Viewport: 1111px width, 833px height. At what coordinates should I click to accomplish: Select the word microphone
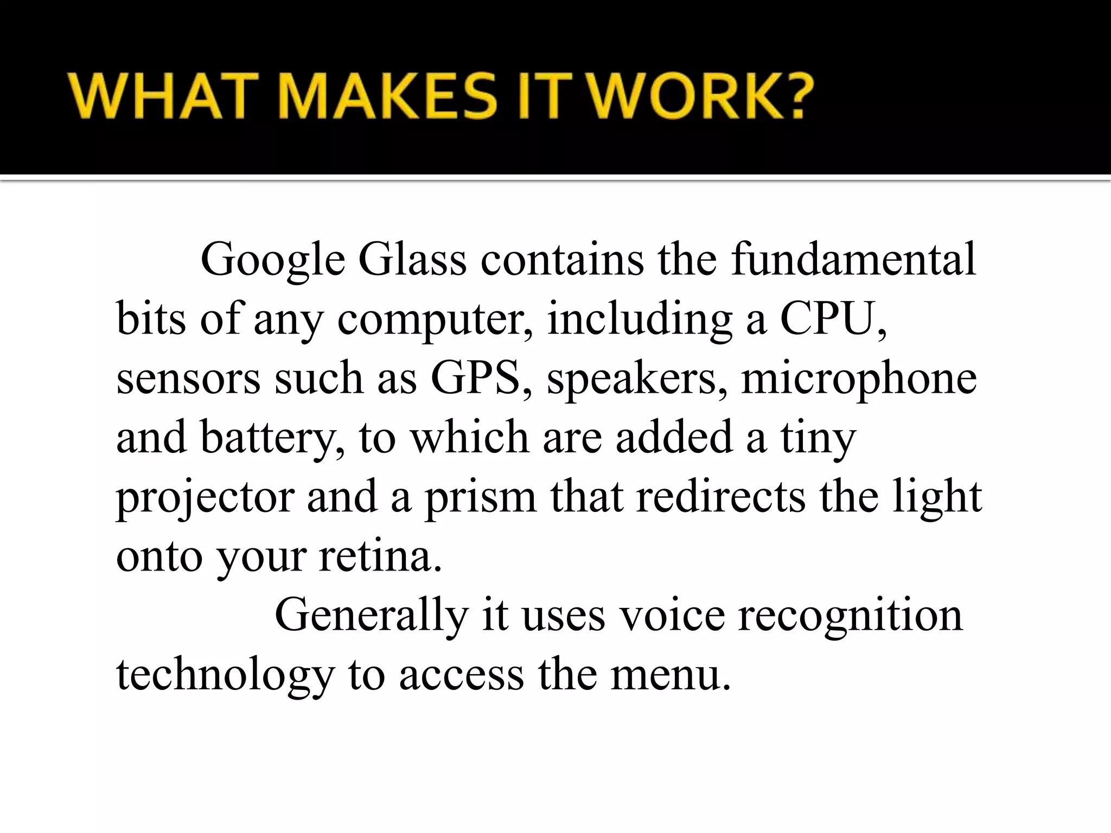pos(859,379)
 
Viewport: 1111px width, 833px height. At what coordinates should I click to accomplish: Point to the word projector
pos(205,497)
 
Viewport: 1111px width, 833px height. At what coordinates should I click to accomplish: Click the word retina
pos(380,556)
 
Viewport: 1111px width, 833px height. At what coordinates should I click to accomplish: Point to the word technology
pos(225,675)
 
